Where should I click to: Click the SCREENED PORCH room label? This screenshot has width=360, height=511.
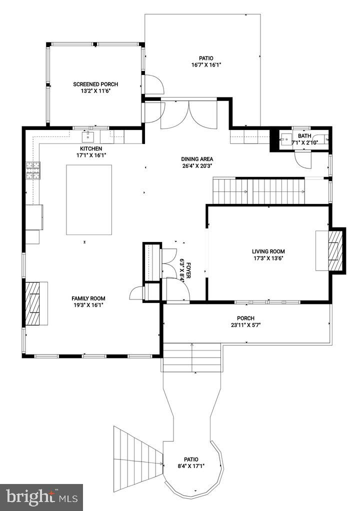coord(95,84)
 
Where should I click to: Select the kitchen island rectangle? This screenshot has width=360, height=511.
coord(89,199)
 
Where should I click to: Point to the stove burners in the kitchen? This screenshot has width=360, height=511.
coord(33,171)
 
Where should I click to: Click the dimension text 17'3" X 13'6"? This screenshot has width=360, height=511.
coord(268,258)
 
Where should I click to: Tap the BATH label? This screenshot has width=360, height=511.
coord(304,136)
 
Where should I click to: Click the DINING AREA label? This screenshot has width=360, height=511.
coord(197,159)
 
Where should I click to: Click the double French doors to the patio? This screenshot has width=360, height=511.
coord(188,114)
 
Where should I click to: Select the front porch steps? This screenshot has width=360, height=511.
coord(192,357)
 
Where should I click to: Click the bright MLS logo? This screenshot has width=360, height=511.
coord(41,497)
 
